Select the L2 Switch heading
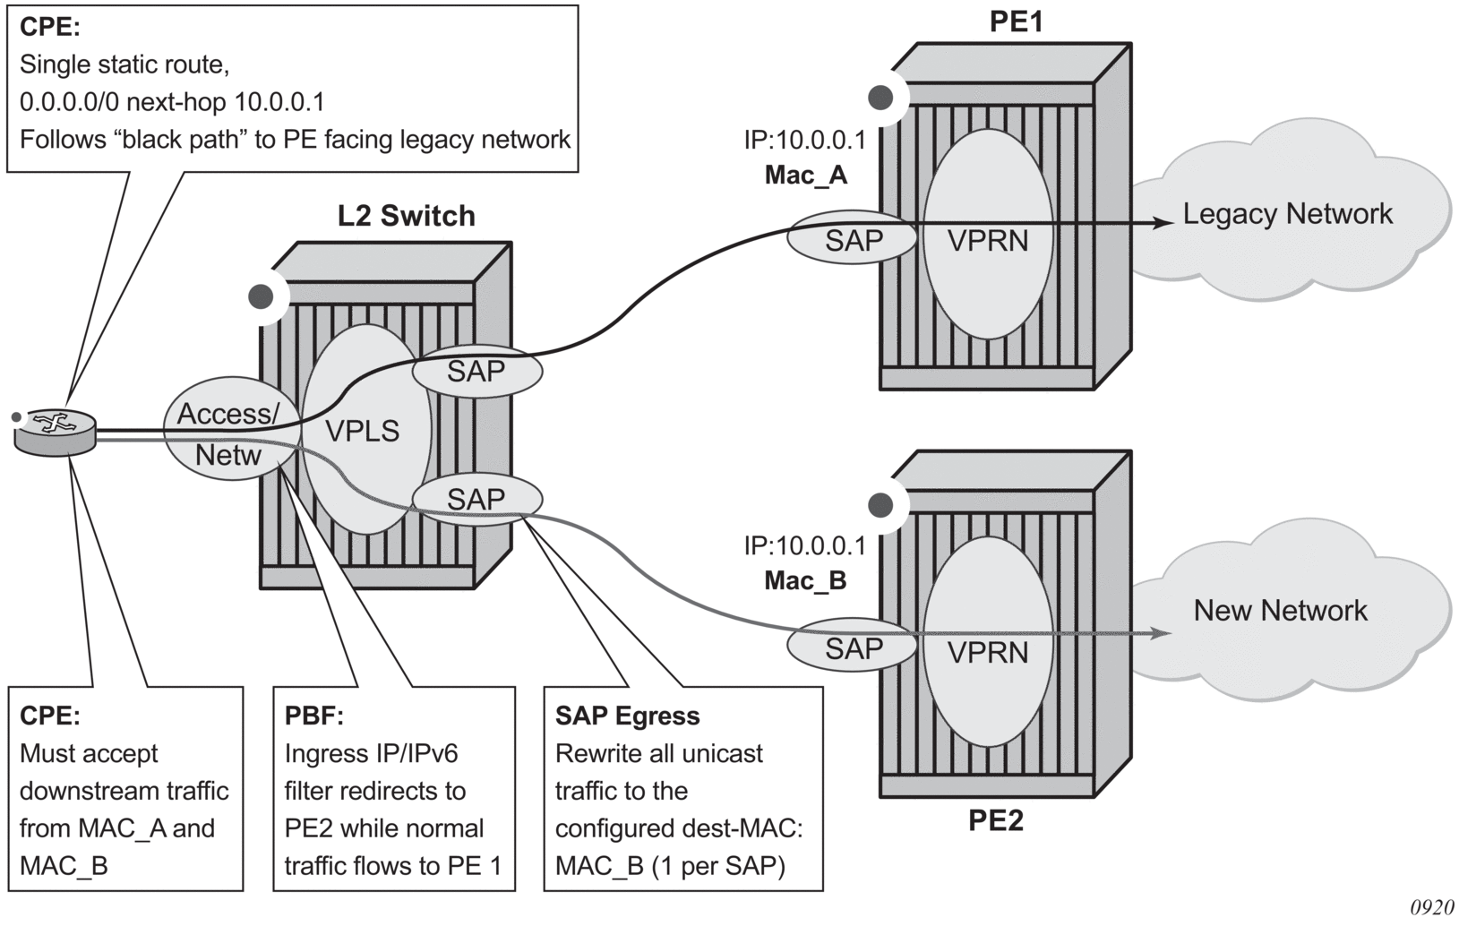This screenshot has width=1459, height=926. tap(406, 216)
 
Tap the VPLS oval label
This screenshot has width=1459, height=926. tap(362, 432)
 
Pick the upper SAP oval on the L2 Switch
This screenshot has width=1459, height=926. tap(476, 371)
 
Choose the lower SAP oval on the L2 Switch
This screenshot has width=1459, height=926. tap(476, 499)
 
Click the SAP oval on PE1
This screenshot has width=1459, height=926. tap(854, 240)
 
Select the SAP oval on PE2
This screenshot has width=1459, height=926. tap(854, 647)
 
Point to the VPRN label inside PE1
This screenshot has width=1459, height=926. tap(988, 241)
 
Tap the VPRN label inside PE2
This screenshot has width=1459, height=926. tap(988, 652)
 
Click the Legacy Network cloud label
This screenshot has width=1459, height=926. tap(1287, 214)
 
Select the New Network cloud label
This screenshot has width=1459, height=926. tap(1280, 611)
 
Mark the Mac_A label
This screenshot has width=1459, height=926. tap(805, 175)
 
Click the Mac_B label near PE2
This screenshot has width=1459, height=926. tap(805, 581)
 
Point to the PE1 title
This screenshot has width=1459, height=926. tap(1016, 21)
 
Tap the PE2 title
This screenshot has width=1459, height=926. tap(995, 820)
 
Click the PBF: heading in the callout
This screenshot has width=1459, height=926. tap(314, 716)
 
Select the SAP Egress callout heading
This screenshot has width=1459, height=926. tap(627, 716)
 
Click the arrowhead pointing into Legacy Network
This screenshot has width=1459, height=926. tap(1162, 222)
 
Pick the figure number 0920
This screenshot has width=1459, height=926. tap(1431, 908)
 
